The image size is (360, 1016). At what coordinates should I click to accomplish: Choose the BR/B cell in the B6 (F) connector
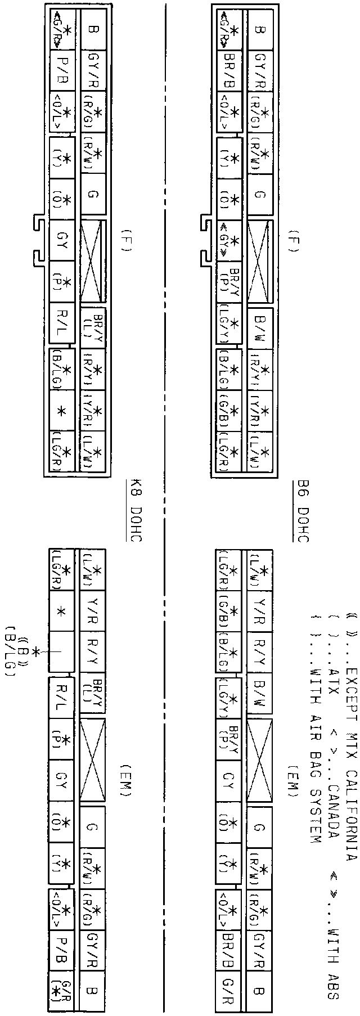click(x=229, y=71)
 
